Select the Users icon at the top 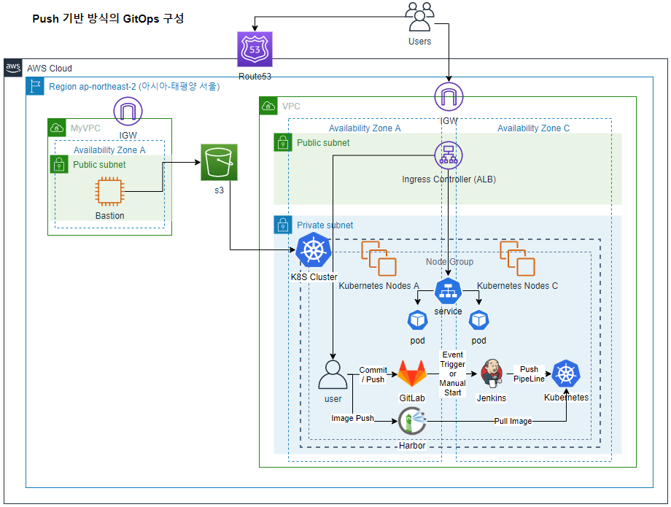coord(419,15)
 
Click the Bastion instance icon coord(109,193)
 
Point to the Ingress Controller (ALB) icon coord(449,156)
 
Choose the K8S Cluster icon coord(314,252)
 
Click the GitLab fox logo coord(411,374)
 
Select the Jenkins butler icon coord(491,373)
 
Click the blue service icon coord(448,291)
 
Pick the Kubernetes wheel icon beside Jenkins coord(565,375)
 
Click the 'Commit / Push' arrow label coord(373,374)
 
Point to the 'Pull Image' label coord(512,421)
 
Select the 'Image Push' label coord(352,418)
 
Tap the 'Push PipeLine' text coord(529,374)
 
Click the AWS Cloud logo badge coord(13,68)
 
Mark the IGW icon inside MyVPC coord(128,112)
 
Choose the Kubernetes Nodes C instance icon coord(517,258)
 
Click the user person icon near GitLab coord(333,374)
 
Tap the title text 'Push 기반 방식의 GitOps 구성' coord(108,19)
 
